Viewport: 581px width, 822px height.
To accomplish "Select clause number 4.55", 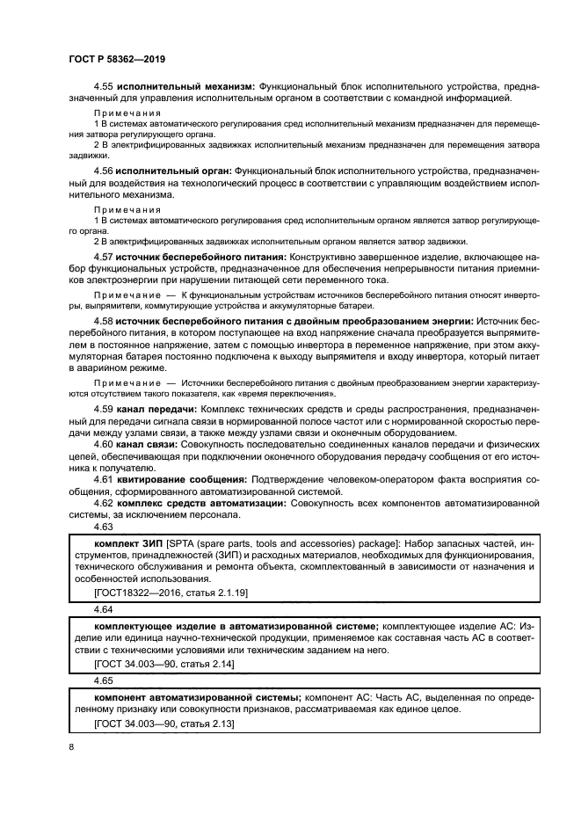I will click(105, 86).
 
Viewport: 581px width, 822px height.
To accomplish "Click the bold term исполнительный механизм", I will click(187, 86).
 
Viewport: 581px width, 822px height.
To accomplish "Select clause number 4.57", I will click(105, 255).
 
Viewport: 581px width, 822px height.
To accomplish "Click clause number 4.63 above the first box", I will click(104, 527).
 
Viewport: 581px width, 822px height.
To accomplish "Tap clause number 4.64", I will click(104, 608).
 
